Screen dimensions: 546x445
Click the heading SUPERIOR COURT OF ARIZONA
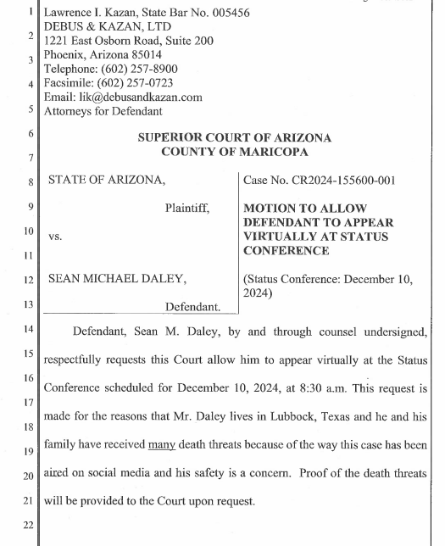[x=235, y=137]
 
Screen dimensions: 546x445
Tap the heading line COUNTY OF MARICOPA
[x=235, y=152]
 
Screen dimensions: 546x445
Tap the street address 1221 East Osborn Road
[x=105, y=42]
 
